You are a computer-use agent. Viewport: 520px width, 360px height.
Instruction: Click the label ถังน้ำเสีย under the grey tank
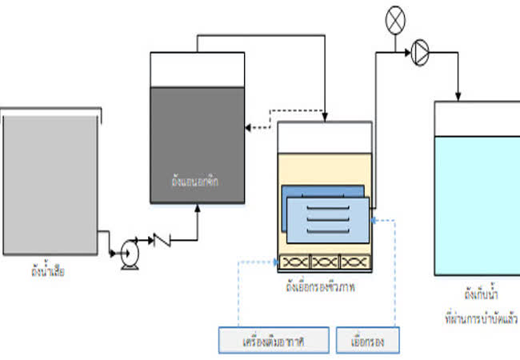pyautogui.click(x=46, y=271)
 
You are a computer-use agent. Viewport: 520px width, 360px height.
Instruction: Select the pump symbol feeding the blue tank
pyautogui.click(x=421, y=53)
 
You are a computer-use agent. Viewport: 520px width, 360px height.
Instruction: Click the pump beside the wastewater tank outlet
pyautogui.click(x=129, y=255)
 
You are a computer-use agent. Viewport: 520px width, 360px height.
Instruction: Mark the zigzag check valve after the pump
pyautogui.click(x=163, y=239)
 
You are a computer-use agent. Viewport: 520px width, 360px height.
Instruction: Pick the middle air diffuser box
pyautogui.click(x=324, y=262)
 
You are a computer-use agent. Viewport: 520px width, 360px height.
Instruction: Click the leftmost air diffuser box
pyautogui.click(x=293, y=262)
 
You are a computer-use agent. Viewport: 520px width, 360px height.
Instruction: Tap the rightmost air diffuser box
pyautogui.click(x=355, y=262)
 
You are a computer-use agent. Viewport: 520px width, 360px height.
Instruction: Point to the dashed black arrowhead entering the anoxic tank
pyautogui.click(x=249, y=126)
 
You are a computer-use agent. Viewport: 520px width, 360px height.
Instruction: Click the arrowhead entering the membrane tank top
pyautogui.click(x=326, y=118)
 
